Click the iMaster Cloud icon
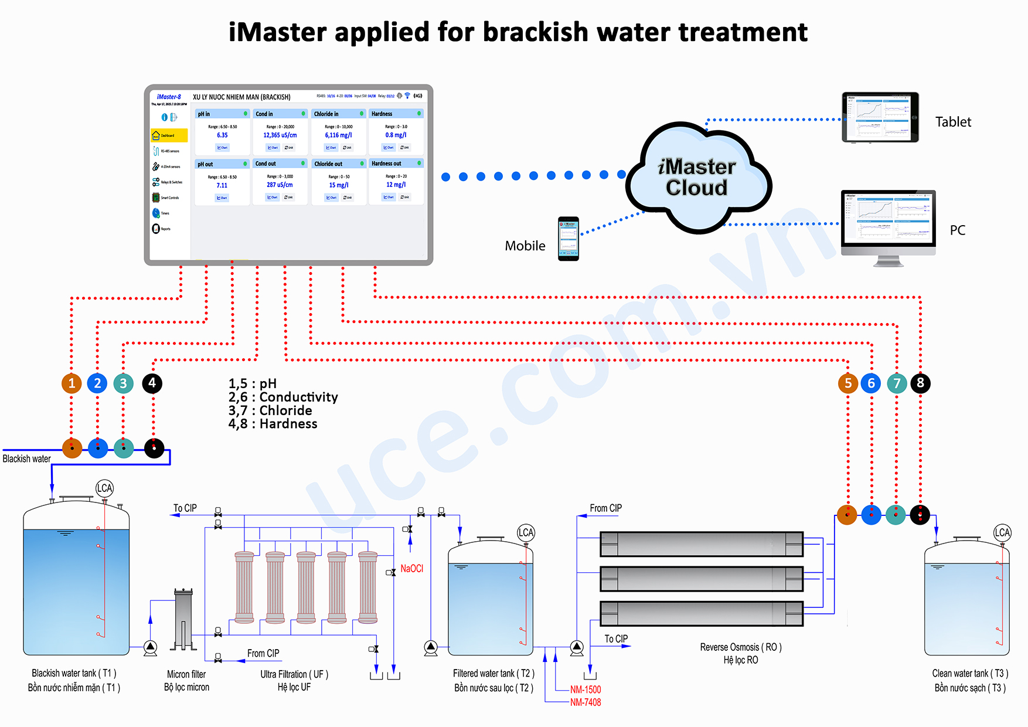click(x=697, y=176)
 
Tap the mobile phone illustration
click(x=568, y=239)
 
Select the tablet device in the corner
click(x=880, y=117)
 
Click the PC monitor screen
click(x=888, y=218)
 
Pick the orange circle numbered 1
click(x=72, y=383)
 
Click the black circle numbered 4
click(x=152, y=383)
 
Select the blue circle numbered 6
click(x=871, y=383)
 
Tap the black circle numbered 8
click(x=920, y=383)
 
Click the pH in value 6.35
click(x=222, y=135)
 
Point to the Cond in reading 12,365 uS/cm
click(x=280, y=135)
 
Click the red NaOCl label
click(x=411, y=569)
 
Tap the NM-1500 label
click(x=585, y=689)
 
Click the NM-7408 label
click(x=585, y=702)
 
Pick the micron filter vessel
click(x=183, y=619)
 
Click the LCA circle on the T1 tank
click(x=104, y=488)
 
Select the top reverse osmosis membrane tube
click(x=701, y=544)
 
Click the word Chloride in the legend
click(x=285, y=410)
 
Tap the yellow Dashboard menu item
click(x=169, y=135)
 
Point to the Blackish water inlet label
click(x=26, y=458)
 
